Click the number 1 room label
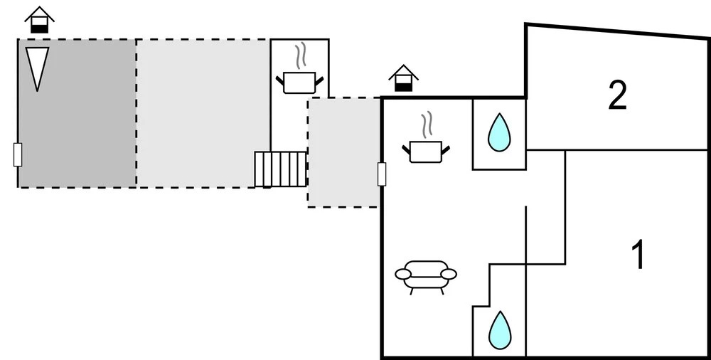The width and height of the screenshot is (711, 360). click(638, 255)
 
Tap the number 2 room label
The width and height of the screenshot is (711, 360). click(617, 95)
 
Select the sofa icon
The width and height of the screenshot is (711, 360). click(426, 275)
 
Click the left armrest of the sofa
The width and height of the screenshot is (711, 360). click(402, 273)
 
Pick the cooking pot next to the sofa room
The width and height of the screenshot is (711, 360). click(426, 150)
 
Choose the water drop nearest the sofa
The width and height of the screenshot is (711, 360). click(499, 329)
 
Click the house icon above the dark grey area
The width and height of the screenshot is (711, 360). click(40, 19)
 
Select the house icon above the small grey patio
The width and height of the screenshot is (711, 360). click(404, 78)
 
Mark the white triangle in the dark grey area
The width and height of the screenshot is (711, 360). click(37, 68)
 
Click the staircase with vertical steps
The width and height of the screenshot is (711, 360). click(280, 169)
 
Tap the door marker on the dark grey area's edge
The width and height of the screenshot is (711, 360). click(18, 154)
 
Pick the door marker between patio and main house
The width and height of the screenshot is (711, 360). click(382, 174)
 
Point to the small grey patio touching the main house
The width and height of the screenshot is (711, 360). click(343, 153)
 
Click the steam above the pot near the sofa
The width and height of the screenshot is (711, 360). click(426, 125)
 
